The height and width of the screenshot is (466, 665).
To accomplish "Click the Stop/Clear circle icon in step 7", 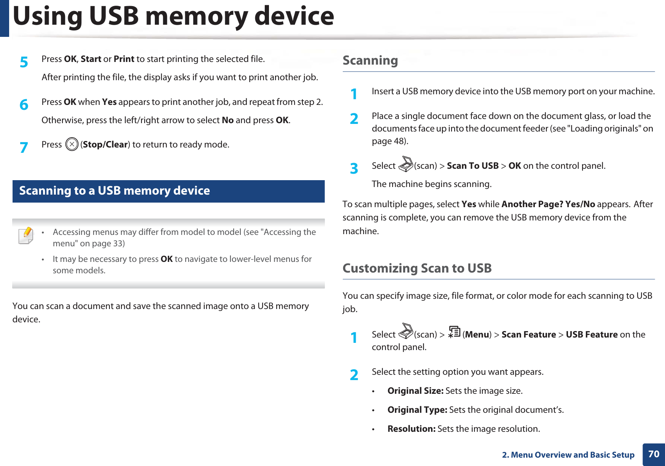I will click(72, 144).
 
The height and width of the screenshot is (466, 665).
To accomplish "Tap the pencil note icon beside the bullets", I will click(26, 235).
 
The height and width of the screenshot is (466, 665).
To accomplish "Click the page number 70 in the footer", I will click(654, 454).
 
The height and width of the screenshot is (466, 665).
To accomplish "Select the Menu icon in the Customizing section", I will click(454, 332).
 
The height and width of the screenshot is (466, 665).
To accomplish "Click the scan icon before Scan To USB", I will click(406, 164).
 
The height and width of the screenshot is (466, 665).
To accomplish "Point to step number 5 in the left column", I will click(24, 62).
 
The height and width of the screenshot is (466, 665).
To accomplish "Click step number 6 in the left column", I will click(24, 105).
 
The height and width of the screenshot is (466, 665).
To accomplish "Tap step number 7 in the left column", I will click(24, 147).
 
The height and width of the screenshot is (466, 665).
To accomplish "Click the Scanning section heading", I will click(370, 60).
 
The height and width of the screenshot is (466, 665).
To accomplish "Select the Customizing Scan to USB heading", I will click(417, 268).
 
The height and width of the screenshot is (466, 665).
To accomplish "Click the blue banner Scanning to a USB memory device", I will click(168, 191).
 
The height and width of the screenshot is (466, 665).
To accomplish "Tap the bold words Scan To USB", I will click(473, 166).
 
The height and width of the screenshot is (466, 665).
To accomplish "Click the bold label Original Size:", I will click(415, 391).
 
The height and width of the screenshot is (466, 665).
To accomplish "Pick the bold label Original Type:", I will click(417, 410).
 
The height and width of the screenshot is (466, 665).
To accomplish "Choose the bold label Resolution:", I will click(411, 429).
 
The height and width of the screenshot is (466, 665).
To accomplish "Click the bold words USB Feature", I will click(592, 334).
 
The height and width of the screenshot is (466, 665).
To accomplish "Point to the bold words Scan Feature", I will click(528, 334).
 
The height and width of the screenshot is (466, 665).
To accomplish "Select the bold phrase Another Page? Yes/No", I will click(548, 204).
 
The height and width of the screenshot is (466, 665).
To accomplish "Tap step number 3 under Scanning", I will click(354, 168).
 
